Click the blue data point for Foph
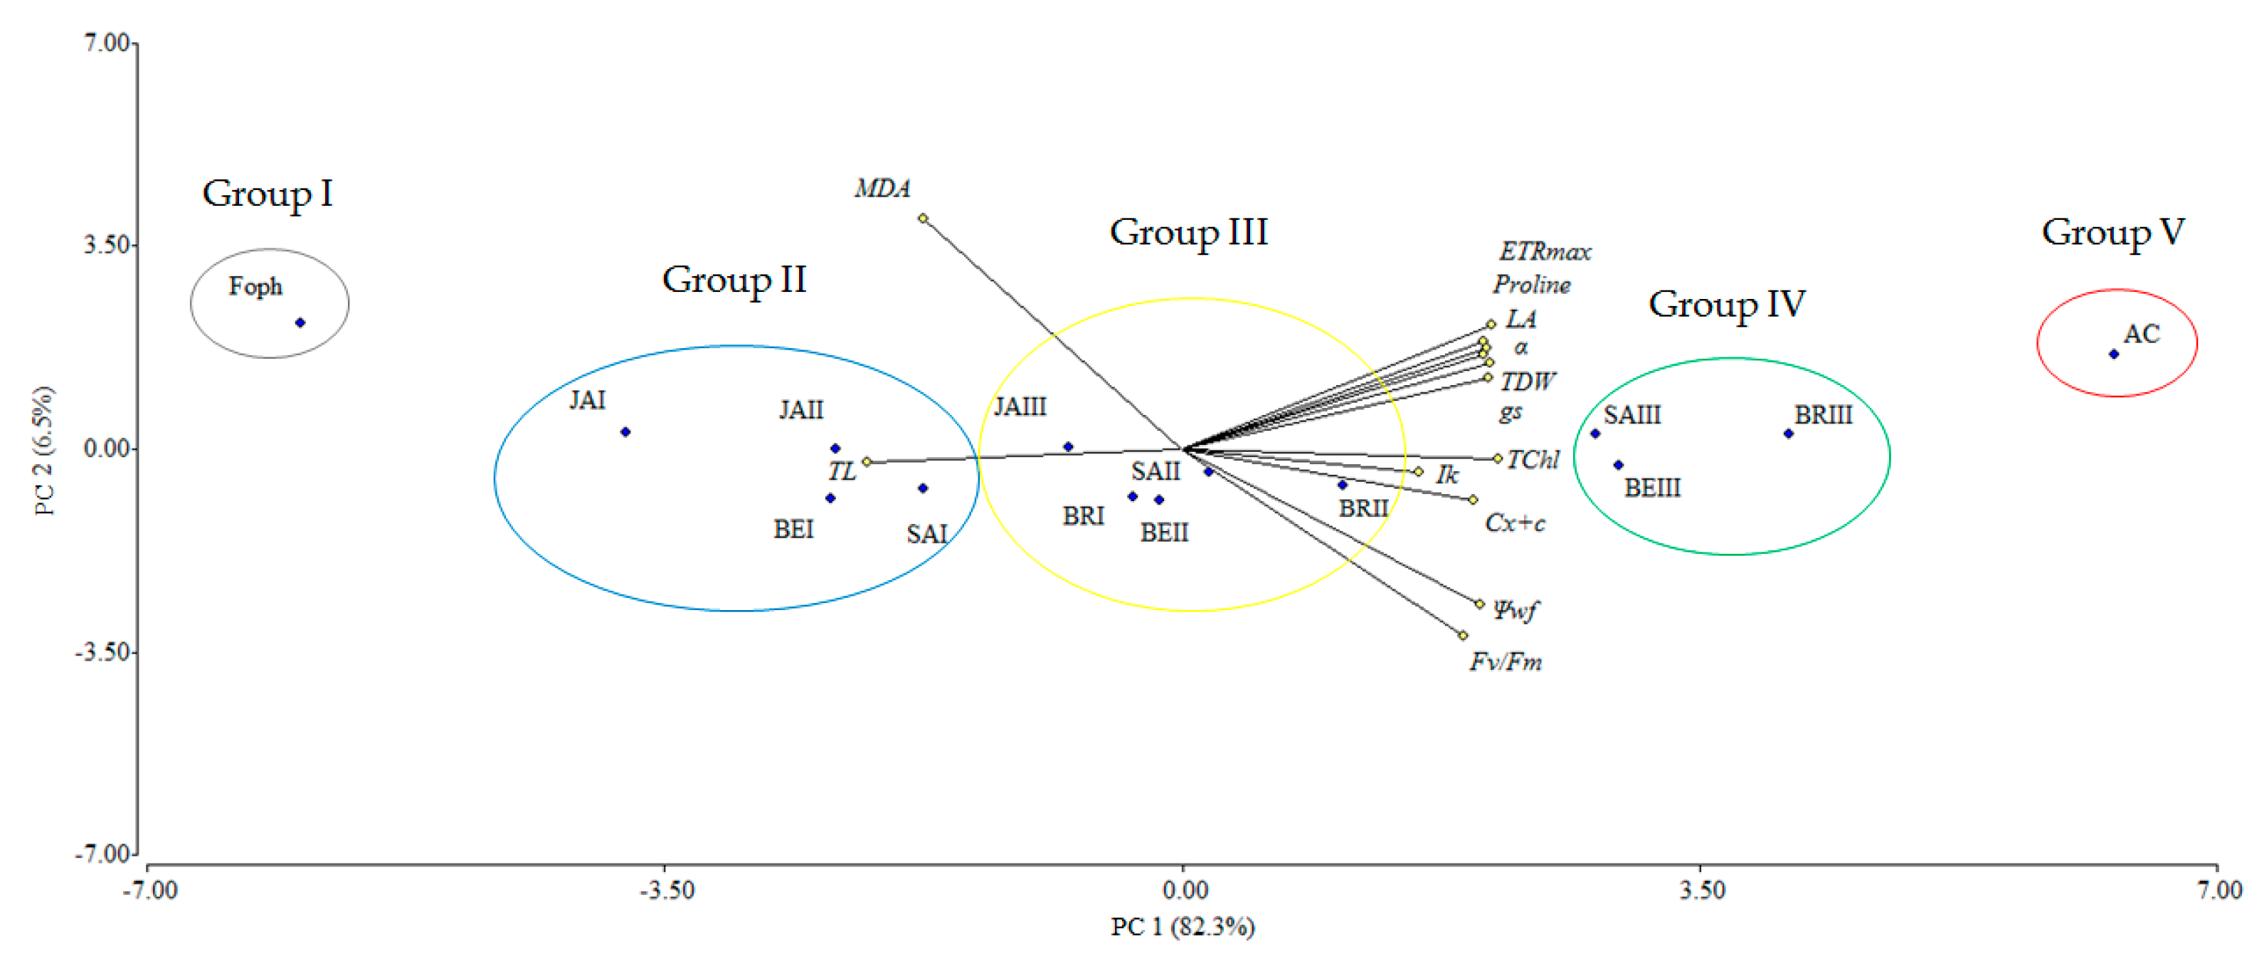pyautogui.click(x=300, y=322)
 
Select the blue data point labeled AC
pyautogui.click(x=2114, y=355)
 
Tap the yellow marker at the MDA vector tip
pyautogui.click(x=923, y=218)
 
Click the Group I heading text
pyautogui.click(x=268, y=194)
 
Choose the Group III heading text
pyautogui.click(x=1188, y=233)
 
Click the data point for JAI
pyautogui.click(x=625, y=431)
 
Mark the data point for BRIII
pyautogui.click(x=1787, y=434)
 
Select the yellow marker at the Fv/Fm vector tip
pyautogui.click(x=1462, y=635)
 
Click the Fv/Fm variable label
pyautogui.click(x=1506, y=661)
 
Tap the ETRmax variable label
pyautogui.click(x=1544, y=252)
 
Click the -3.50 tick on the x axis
pyautogui.click(x=666, y=890)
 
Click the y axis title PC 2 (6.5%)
pyautogui.click(x=44, y=450)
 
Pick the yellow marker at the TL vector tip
pyautogui.click(x=867, y=461)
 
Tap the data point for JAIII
pyautogui.click(x=1068, y=446)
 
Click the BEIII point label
pyautogui.click(x=1651, y=488)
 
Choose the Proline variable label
pyautogui.click(x=1531, y=285)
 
